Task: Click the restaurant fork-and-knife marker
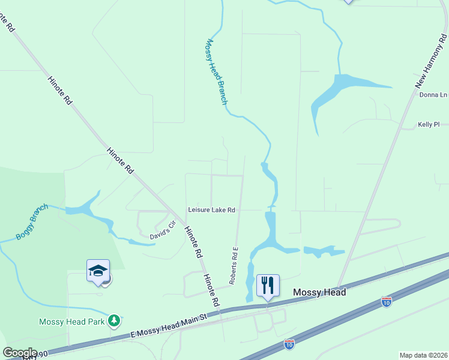tap(268, 284)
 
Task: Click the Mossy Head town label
tap(319, 292)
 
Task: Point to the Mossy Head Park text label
tap(72, 322)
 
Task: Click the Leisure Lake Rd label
tap(211, 210)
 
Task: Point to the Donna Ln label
tap(433, 95)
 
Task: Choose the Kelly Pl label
tap(429, 125)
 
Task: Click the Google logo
tap(20, 353)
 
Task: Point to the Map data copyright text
tap(424, 355)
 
